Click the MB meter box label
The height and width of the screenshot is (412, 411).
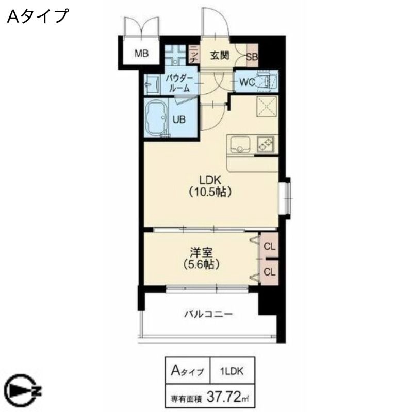(142, 54)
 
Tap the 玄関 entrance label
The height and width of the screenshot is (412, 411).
(220, 56)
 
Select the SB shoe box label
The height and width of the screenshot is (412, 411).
(252, 57)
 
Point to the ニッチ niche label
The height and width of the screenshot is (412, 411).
(194, 55)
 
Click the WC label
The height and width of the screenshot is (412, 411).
(248, 82)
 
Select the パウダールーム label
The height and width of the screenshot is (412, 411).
(179, 83)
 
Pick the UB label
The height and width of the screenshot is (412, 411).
(179, 119)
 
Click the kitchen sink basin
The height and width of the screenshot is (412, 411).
(240, 145)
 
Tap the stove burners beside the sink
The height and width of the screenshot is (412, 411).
(266, 145)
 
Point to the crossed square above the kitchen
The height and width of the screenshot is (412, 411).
(267, 107)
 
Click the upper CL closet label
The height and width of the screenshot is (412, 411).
(269, 246)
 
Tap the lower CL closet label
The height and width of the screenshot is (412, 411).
(269, 272)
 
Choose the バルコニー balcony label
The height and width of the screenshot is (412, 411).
(208, 314)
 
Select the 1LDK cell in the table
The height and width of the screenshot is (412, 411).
(232, 371)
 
